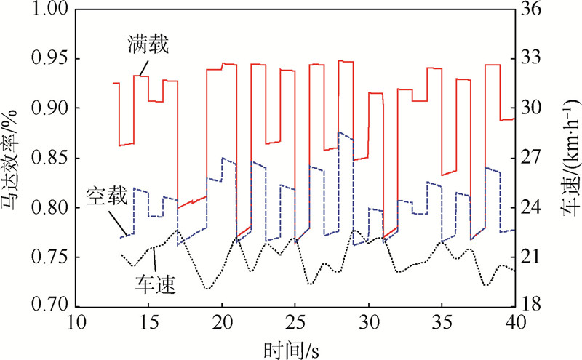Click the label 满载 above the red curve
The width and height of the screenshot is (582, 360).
pos(150,48)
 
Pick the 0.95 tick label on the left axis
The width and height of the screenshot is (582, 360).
pos(48,59)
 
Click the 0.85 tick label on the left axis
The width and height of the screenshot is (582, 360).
pos(48,159)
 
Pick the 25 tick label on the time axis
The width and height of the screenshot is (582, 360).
pos(295,322)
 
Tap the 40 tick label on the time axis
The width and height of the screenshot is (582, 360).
pos(514,322)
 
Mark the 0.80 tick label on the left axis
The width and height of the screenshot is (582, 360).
pos(48,208)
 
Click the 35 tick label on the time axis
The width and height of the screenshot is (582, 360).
pos(441,322)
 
